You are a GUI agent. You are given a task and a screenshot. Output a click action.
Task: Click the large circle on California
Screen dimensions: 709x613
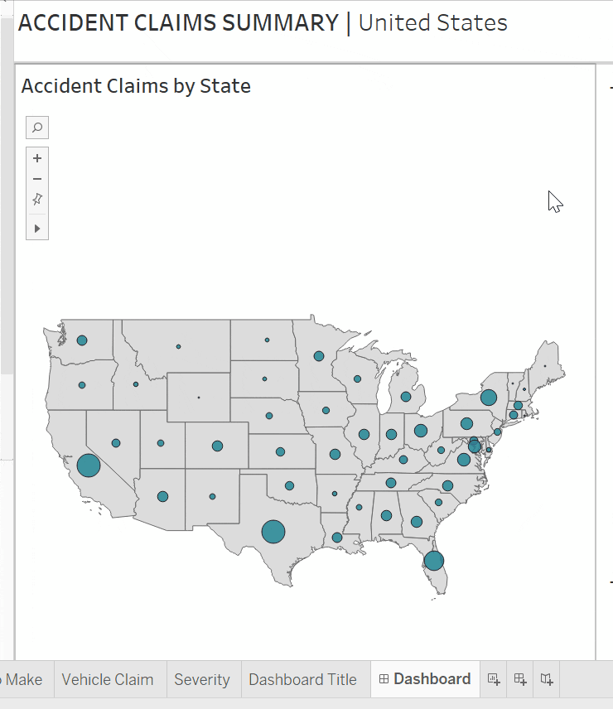(89, 465)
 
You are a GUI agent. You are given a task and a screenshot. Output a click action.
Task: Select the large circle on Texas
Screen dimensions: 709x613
(273, 531)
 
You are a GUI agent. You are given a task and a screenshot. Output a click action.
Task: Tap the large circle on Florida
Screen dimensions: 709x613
(433, 561)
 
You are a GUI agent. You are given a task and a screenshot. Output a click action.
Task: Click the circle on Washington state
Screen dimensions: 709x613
(82, 340)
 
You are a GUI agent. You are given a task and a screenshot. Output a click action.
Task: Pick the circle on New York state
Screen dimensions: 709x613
(489, 398)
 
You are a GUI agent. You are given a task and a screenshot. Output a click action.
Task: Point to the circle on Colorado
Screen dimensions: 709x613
(217, 446)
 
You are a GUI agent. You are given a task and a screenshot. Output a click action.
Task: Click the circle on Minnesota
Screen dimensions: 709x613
(319, 356)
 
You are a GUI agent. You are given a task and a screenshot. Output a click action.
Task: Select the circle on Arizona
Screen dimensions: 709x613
(163, 496)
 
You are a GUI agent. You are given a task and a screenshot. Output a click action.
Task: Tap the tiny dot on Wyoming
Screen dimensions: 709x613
(199, 398)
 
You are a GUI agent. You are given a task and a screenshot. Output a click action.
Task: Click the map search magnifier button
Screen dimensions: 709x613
(37, 128)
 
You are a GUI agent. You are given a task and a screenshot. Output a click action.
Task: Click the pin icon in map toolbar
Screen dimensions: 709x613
(37, 200)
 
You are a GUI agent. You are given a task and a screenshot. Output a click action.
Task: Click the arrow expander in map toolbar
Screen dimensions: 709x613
(37, 228)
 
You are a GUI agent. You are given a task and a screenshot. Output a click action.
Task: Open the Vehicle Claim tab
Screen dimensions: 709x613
(108, 679)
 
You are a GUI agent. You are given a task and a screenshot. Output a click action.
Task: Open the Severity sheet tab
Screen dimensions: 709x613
(202, 679)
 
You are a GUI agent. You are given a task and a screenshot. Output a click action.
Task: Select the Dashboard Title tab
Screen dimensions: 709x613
(303, 679)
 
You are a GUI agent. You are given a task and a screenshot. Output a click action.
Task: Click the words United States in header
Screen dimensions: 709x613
(432, 22)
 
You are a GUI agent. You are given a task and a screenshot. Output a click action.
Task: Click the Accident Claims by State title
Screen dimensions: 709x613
(136, 85)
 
